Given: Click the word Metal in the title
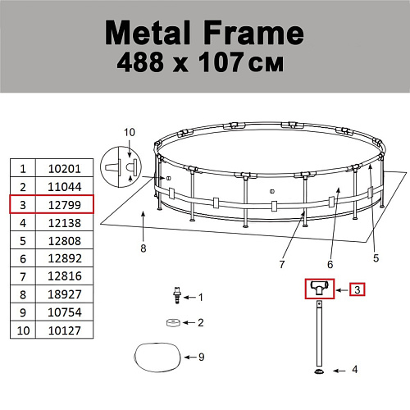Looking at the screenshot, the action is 148,33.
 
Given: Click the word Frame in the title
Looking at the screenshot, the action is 253,33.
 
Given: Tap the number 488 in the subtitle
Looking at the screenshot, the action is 140,62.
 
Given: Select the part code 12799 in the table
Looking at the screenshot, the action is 65,205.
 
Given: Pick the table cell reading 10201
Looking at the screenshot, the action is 65,169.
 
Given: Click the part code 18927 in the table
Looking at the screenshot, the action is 65,294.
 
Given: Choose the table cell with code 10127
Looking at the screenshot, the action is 65,330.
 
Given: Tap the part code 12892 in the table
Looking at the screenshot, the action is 65,258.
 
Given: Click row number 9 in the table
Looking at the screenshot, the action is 23,312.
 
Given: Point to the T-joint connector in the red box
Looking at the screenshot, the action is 320,288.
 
